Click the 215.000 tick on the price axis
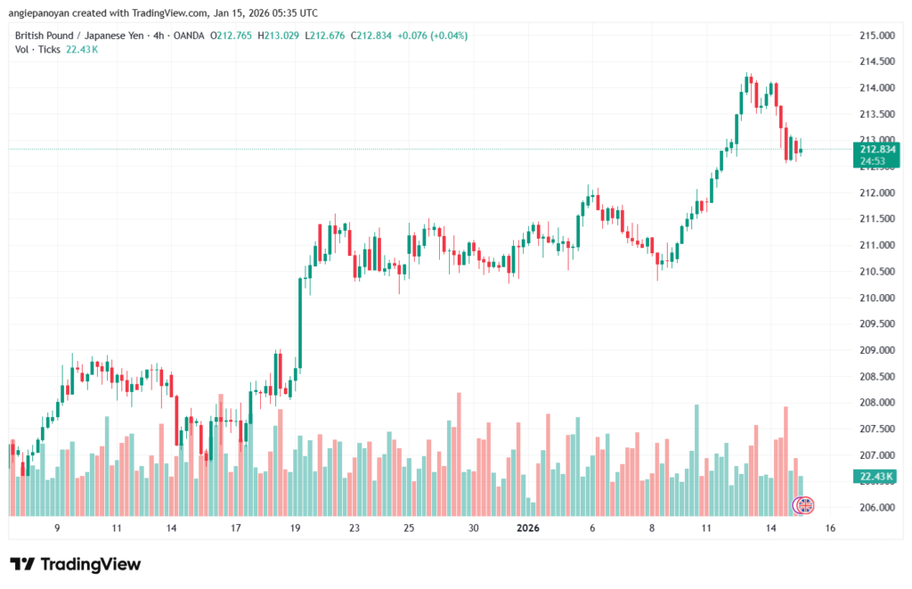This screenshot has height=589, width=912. click(876, 36)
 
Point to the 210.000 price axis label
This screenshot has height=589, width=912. click(876, 298)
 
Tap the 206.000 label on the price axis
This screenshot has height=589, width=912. click(876, 508)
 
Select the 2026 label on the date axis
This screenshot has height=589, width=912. click(528, 528)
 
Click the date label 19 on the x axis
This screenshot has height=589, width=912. click(296, 528)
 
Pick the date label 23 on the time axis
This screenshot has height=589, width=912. click(354, 528)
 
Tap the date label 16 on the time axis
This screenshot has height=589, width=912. click(830, 528)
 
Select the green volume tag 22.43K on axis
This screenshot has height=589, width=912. click(876, 478)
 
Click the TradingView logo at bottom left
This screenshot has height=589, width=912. click(75, 564)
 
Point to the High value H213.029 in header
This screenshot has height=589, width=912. click(278, 36)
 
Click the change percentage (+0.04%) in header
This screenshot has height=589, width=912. click(447, 36)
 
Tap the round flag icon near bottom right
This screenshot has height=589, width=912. click(804, 505)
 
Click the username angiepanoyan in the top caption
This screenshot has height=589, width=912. click(40, 13)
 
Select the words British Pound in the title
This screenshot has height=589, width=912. click(45, 36)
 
